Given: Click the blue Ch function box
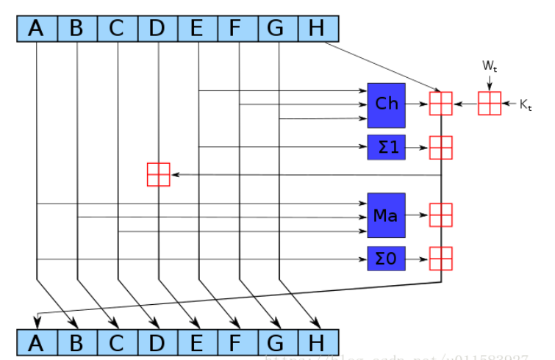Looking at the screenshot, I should click(x=386, y=104).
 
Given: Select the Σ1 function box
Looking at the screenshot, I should click(x=386, y=147).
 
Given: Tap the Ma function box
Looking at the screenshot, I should click(x=386, y=215).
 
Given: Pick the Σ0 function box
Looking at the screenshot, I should click(x=386, y=258).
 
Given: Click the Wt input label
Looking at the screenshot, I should click(x=490, y=66).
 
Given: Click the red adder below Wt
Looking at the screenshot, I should click(x=490, y=104).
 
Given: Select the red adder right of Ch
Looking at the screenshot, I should click(x=440, y=104).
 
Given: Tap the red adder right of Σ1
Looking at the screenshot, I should click(x=440, y=147).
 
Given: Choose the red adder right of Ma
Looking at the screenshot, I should click(x=440, y=215).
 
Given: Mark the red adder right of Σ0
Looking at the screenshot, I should click(x=440, y=258).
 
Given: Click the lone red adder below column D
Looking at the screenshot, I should click(x=158, y=175).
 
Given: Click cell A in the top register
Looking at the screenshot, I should click(x=36, y=28).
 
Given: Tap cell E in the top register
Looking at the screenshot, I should click(x=197, y=28).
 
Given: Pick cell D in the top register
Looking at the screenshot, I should click(x=157, y=28).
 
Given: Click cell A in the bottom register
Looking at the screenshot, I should click(x=36, y=343).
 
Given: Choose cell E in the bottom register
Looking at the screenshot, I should click(x=197, y=343).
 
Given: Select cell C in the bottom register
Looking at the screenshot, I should click(x=117, y=343).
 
